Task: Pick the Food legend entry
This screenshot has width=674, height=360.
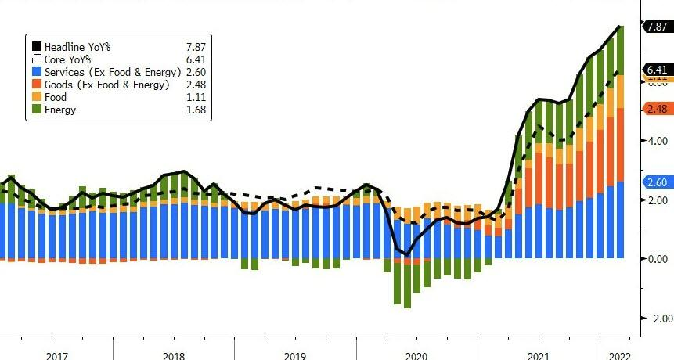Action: point(56,97)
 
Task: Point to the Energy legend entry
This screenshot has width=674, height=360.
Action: point(60,110)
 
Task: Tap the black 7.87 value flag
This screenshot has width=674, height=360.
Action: point(656,26)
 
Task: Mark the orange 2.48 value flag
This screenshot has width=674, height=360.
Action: point(656,109)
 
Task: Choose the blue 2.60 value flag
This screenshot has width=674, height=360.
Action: point(656,182)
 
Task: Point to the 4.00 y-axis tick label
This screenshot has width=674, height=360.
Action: point(656,142)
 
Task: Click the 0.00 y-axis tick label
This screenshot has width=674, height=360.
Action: point(656,259)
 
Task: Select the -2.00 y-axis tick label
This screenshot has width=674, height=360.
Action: point(654,319)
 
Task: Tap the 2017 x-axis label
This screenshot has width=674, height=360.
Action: point(57,355)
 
